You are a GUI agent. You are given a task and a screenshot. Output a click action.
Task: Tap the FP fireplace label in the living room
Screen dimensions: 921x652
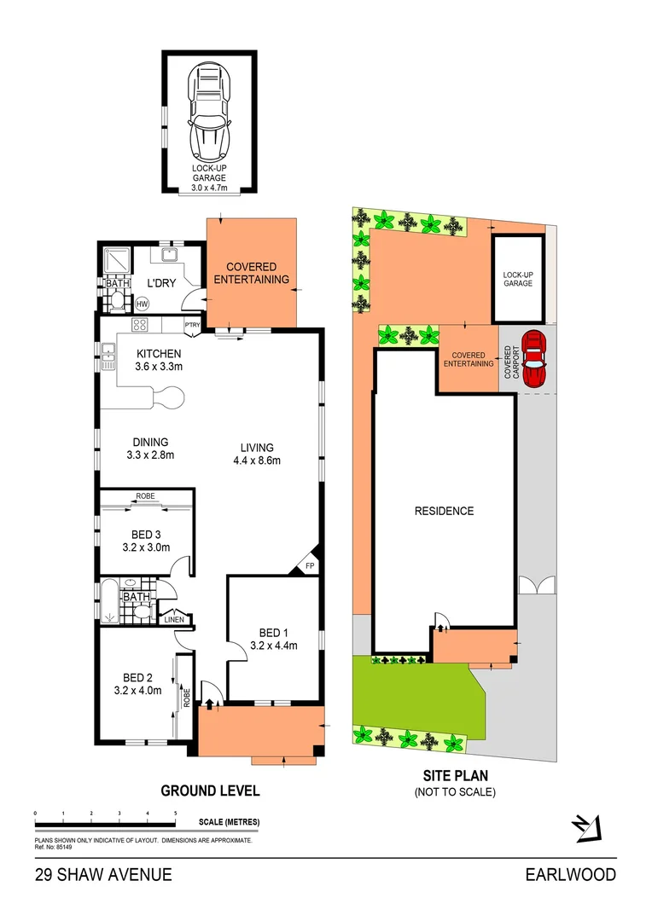coord(309,565)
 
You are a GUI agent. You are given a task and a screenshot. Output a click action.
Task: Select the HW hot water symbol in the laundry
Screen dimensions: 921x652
coord(142,303)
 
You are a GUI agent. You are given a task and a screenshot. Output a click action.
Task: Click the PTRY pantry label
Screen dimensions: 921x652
coord(193,324)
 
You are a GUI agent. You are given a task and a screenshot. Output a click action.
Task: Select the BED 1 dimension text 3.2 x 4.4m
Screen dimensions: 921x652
coord(274,646)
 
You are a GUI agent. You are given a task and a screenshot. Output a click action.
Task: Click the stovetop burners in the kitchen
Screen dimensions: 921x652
coord(140,325)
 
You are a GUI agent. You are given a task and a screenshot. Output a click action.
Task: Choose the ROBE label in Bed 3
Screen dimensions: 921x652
coord(144,495)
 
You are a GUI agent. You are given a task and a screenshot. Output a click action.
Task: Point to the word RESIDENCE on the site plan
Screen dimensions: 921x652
coord(444,511)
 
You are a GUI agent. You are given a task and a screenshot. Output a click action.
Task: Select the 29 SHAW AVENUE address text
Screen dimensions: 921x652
coord(103,874)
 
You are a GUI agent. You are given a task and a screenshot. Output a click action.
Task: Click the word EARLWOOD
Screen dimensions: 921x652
coord(570,874)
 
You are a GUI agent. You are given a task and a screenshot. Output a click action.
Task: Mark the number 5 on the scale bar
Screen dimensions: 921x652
coord(176,814)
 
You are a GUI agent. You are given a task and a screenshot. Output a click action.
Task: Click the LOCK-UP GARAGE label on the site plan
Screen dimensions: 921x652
coord(517,278)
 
